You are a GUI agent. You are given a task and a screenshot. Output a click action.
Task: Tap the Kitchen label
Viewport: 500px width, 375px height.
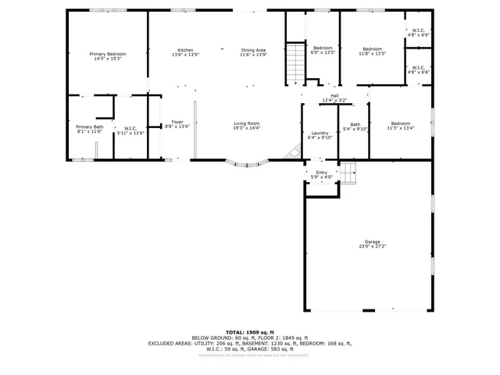click(185, 50)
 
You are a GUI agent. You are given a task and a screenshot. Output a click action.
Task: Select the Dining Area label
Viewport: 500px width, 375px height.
click(253, 50)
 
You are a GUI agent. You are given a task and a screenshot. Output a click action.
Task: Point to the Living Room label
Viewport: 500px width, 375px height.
click(246, 123)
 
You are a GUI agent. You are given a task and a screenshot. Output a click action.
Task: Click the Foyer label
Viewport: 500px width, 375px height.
click(177, 123)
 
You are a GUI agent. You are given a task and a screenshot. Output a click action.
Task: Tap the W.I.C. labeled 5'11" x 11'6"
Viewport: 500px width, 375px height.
click(130, 128)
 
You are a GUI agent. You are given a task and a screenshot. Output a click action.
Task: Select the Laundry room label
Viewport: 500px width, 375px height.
click(320, 133)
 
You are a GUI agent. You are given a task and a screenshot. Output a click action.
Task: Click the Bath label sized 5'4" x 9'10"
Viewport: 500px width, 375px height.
click(355, 125)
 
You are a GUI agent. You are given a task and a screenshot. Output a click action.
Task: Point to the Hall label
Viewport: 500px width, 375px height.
click(334, 96)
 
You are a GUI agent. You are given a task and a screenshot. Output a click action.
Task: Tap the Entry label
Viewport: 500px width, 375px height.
click(321, 173)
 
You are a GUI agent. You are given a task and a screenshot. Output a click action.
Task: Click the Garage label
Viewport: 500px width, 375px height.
click(372, 242)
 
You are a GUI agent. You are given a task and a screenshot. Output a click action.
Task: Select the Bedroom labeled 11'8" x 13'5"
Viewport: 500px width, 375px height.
click(372, 49)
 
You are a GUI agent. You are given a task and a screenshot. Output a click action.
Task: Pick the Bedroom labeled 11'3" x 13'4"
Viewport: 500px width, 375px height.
click(400, 123)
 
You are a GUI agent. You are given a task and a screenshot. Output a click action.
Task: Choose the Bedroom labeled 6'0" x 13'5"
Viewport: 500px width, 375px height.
click(323, 49)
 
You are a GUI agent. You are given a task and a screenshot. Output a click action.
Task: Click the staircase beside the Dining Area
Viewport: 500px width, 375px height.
click(294, 63)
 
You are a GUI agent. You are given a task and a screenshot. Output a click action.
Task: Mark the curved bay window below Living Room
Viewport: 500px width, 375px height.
click(247, 164)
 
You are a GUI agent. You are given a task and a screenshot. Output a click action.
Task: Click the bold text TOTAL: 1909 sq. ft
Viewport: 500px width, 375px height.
click(250, 332)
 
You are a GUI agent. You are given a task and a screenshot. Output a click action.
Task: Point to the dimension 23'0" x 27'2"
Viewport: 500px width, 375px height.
click(372, 246)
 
